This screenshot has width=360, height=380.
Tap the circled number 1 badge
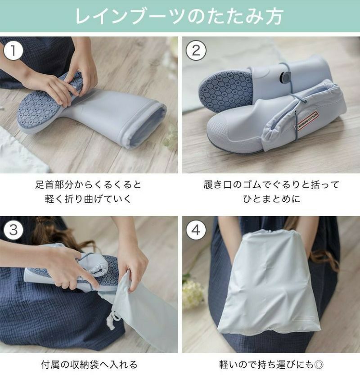[13, 50]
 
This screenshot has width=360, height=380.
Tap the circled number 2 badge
[196, 50]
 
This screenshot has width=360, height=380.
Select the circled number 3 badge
[13, 230]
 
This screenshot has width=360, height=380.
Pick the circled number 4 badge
[196, 230]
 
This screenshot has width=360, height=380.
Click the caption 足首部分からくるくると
[88, 185]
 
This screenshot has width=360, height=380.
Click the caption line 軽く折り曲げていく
[88, 199]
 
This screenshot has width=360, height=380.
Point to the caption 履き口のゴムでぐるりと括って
[271, 185]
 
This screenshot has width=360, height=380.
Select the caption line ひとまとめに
[271, 199]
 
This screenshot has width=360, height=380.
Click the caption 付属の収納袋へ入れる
[88, 364]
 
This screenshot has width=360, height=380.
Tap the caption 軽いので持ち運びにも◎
[271, 364]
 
